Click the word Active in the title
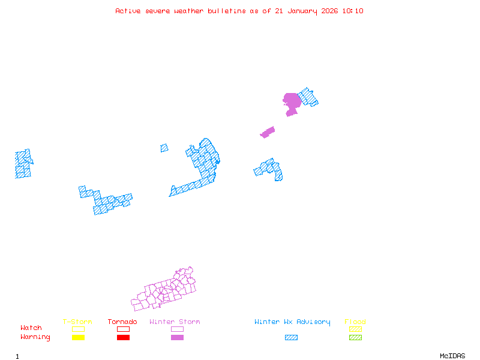click(x=128, y=11)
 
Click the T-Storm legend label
click(x=77, y=322)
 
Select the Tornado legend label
click(x=122, y=322)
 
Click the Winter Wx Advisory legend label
click(x=292, y=322)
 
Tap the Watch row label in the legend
click(x=31, y=328)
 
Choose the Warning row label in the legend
click(x=35, y=337)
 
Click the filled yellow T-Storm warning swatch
click(x=78, y=337)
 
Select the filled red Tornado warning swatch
click(x=123, y=337)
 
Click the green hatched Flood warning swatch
click(x=355, y=337)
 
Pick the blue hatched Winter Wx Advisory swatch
click(x=291, y=337)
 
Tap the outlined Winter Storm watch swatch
click(x=177, y=329)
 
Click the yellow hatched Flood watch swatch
click(x=355, y=329)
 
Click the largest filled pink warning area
click(x=292, y=101)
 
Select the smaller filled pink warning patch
click(x=268, y=132)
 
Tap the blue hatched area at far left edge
click(x=23, y=164)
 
